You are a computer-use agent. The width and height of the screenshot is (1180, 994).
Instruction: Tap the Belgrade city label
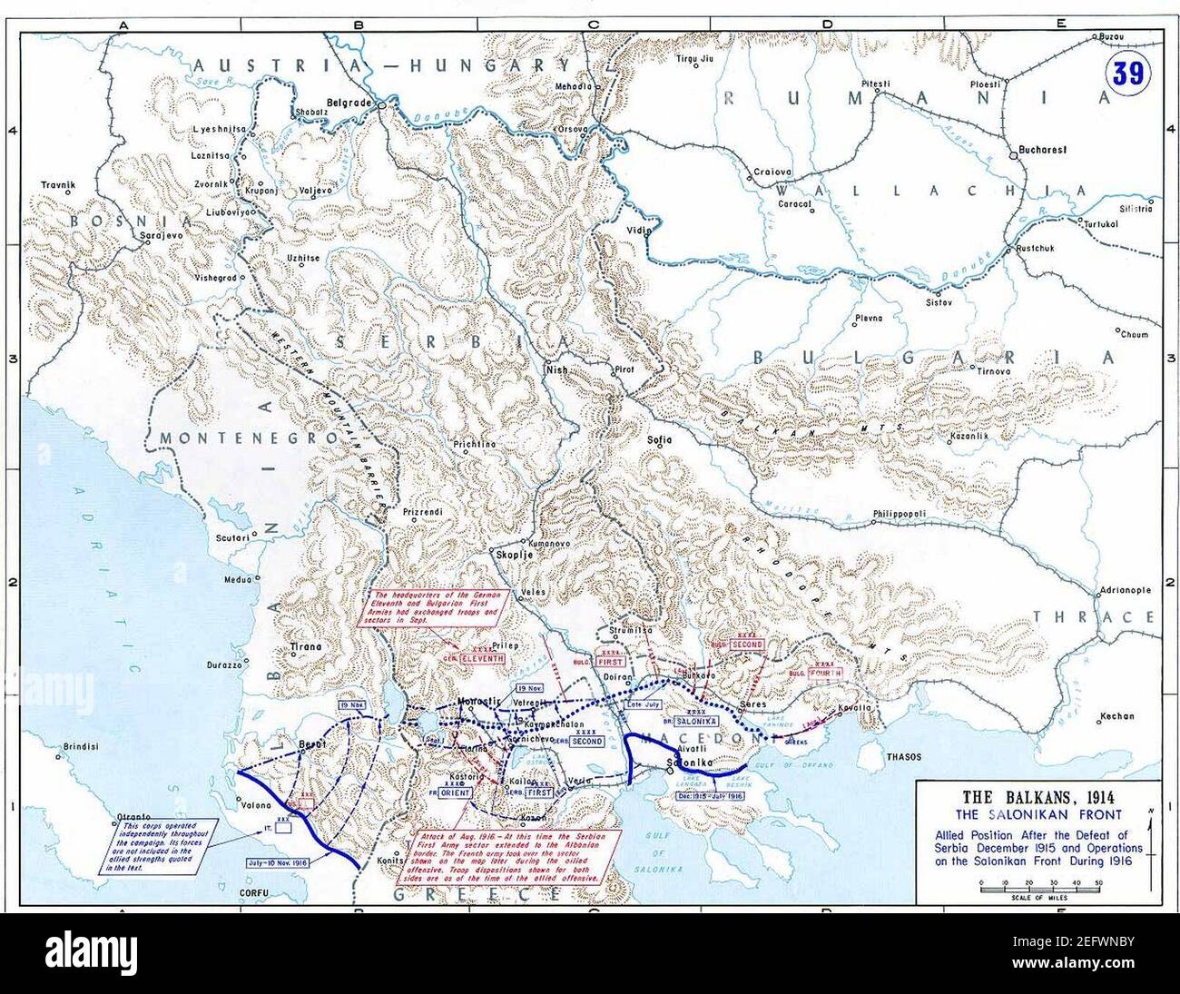pos(349,103)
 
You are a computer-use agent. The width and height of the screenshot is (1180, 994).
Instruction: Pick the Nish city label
pos(556,370)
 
